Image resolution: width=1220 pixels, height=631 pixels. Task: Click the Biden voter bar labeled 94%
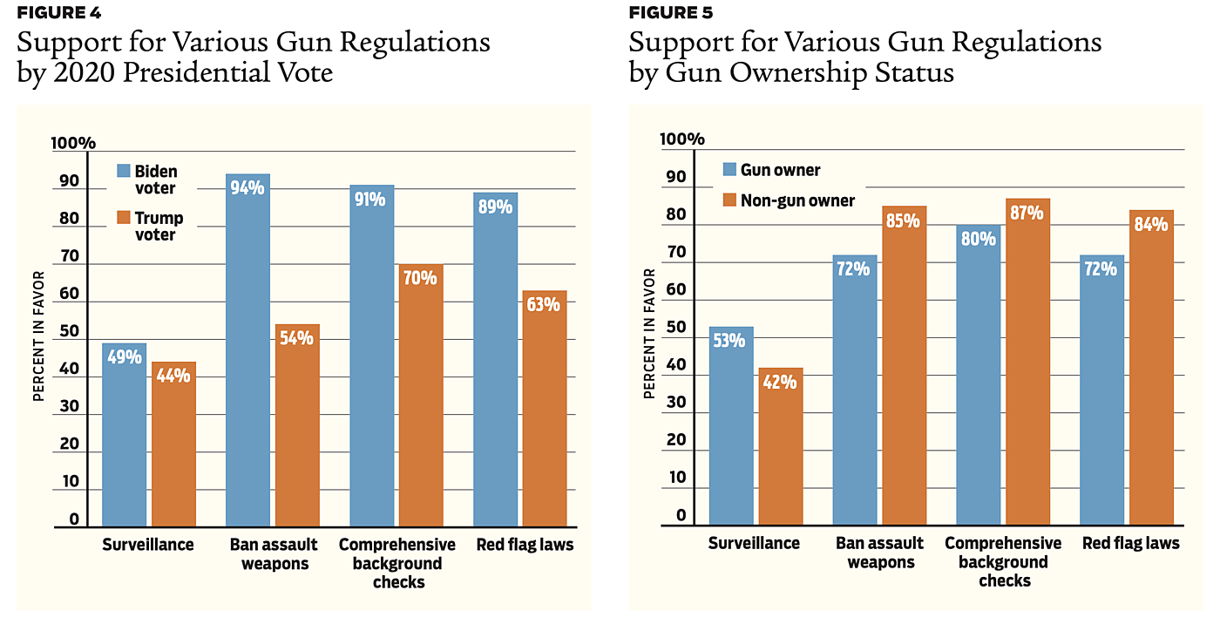pos(247,349)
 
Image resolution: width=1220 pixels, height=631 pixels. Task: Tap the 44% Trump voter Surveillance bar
pos(173,444)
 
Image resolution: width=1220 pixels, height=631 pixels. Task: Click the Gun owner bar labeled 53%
pos(730,426)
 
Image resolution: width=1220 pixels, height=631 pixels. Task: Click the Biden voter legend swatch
pos(123,172)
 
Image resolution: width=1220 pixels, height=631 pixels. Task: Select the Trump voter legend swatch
pos(123,218)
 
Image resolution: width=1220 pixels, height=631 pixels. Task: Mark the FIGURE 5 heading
pos(669,13)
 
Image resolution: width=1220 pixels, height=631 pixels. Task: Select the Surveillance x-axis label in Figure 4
pos(147,546)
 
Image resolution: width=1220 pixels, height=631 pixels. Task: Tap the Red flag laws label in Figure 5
pos(1132,543)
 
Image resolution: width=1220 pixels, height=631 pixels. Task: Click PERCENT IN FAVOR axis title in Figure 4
pos(38,336)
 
